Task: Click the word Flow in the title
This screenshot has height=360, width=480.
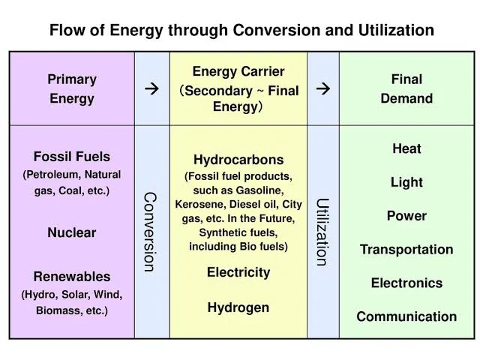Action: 66,31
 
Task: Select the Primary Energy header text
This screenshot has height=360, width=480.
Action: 72,88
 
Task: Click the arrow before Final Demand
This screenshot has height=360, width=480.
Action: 323,89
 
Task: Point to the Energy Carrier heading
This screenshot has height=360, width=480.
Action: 238,72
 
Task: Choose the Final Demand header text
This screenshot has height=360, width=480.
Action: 406,88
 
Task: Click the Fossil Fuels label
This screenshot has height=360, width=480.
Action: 72,157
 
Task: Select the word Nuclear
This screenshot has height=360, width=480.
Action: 72,232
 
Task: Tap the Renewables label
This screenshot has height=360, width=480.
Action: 72,277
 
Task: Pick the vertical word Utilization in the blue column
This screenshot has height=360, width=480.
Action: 322,232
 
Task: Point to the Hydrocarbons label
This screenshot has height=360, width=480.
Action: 238,160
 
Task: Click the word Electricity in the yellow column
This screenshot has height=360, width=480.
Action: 238,272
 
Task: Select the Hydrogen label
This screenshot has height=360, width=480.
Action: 238,307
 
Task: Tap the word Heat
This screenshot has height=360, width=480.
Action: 406,148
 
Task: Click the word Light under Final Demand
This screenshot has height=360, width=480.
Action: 406,182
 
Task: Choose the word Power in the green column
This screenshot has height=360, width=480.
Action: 406,216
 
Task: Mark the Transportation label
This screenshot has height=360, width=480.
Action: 406,250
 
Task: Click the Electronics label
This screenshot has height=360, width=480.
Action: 406,283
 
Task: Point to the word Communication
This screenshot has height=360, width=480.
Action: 406,316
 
